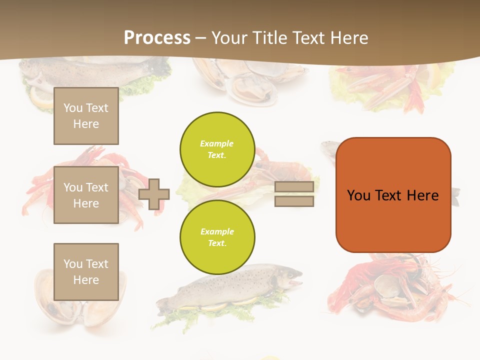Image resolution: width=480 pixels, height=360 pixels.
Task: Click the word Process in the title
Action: tap(157, 38)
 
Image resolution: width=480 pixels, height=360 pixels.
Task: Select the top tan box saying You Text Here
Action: tap(86, 116)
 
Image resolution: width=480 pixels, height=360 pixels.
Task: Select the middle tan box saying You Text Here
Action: tap(86, 195)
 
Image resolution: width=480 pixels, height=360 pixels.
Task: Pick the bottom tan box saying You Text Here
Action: tap(86, 271)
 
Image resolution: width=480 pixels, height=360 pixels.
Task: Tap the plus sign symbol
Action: tap(154, 194)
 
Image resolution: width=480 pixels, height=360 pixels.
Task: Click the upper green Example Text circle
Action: tap(217, 149)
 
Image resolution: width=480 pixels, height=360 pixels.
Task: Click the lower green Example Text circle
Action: tap(217, 237)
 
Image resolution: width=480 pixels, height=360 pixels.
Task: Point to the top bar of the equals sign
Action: tap(294, 187)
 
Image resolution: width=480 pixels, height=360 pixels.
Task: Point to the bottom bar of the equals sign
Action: tap(294, 201)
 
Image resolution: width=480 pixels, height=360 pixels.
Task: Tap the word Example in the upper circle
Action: tap(217, 143)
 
